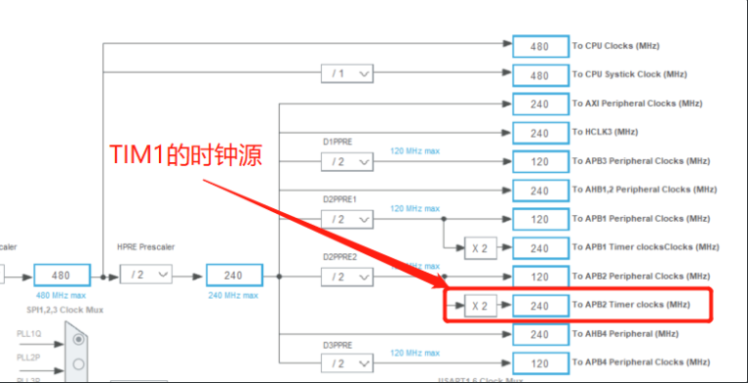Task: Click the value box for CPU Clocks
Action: click(539, 46)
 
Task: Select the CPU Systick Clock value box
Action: click(539, 74)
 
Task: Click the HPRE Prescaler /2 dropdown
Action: click(146, 277)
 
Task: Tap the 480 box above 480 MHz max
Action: click(61, 276)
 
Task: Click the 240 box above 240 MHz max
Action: click(234, 276)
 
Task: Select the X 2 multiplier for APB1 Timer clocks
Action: click(479, 248)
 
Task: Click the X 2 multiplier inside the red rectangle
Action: click(479, 306)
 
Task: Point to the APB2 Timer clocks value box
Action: click(539, 306)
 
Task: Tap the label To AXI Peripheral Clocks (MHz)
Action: click(637, 104)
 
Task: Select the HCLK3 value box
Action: click(539, 132)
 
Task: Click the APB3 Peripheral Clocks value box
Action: click(539, 161)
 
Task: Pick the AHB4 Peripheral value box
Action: click(539, 334)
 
